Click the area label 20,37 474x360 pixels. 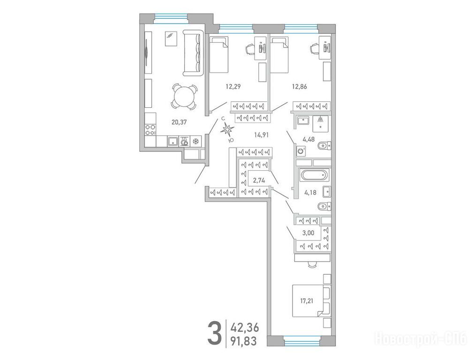[x=179, y=122]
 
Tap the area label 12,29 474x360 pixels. [x=233, y=87]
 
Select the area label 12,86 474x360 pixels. [x=299, y=87]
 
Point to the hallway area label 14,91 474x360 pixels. [x=261, y=135]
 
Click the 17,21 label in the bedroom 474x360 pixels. [x=307, y=301]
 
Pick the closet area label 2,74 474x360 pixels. [x=259, y=181]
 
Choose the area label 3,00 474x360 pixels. [x=308, y=233]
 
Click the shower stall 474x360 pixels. [x=320, y=124]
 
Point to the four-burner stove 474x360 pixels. [x=150, y=130]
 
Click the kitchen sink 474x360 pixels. [x=173, y=141]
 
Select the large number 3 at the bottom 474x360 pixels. [x=215, y=333]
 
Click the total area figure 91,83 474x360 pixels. [x=243, y=341]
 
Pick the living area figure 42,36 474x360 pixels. [x=245, y=328]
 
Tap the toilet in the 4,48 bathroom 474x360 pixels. [x=324, y=146]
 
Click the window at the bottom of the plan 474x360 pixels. [x=302, y=341]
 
